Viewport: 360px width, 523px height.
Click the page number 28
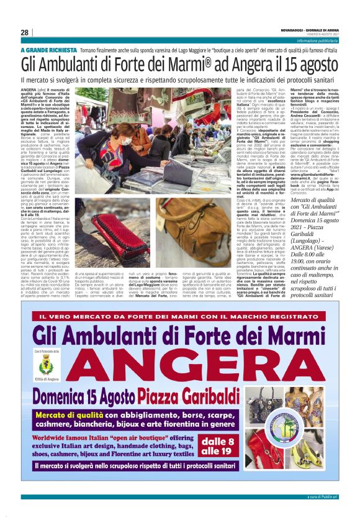(x=24, y=32)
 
